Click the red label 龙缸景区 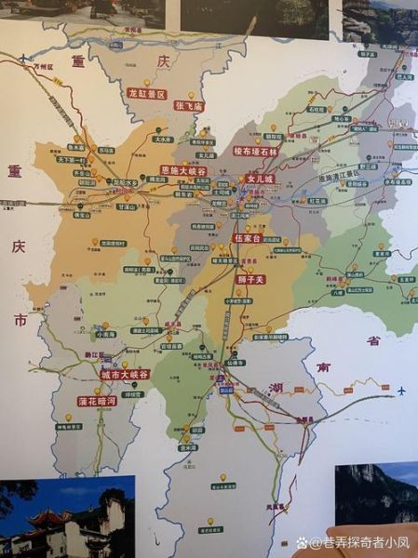click(147, 94)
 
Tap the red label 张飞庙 click(189, 106)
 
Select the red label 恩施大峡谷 click(183, 171)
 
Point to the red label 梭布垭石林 click(256, 151)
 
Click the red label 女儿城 click(260, 178)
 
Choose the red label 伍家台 click(246, 238)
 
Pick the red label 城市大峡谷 click(125, 374)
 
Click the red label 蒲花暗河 click(97, 401)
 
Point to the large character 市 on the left click(19, 318)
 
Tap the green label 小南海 click(106, 333)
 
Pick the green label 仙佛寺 click(236, 363)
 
